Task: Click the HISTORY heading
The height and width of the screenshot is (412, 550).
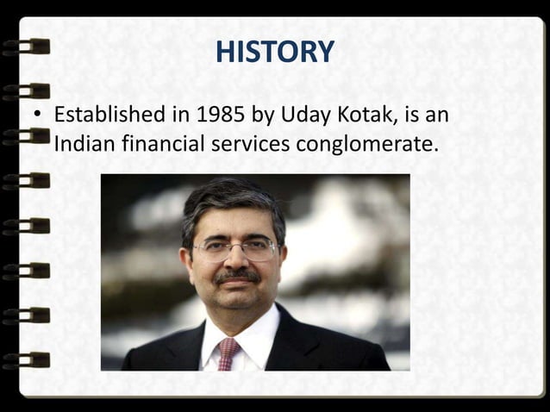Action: pyautogui.click(x=274, y=53)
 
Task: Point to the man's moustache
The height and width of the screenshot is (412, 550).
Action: pyautogui.click(x=236, y=277)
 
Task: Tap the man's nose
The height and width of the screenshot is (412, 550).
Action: pyautogui.click(x=235, y=259)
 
